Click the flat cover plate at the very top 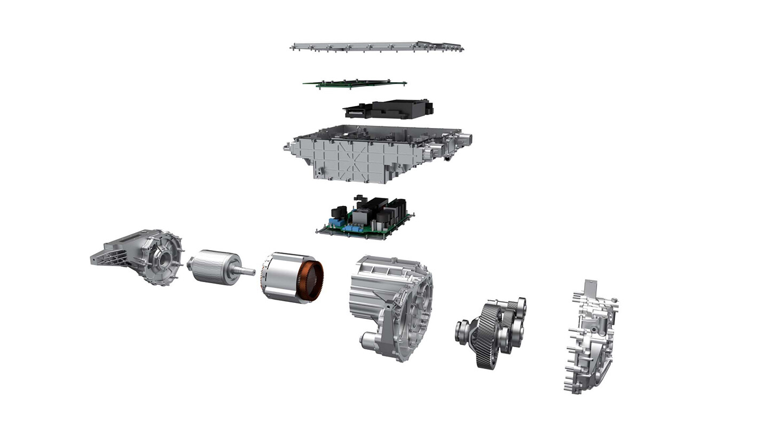[x=374, y=46]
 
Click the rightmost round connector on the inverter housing [x=466, y=140]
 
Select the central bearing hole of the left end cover [x=163, y=259]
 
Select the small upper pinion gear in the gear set [x=519, y=307]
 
